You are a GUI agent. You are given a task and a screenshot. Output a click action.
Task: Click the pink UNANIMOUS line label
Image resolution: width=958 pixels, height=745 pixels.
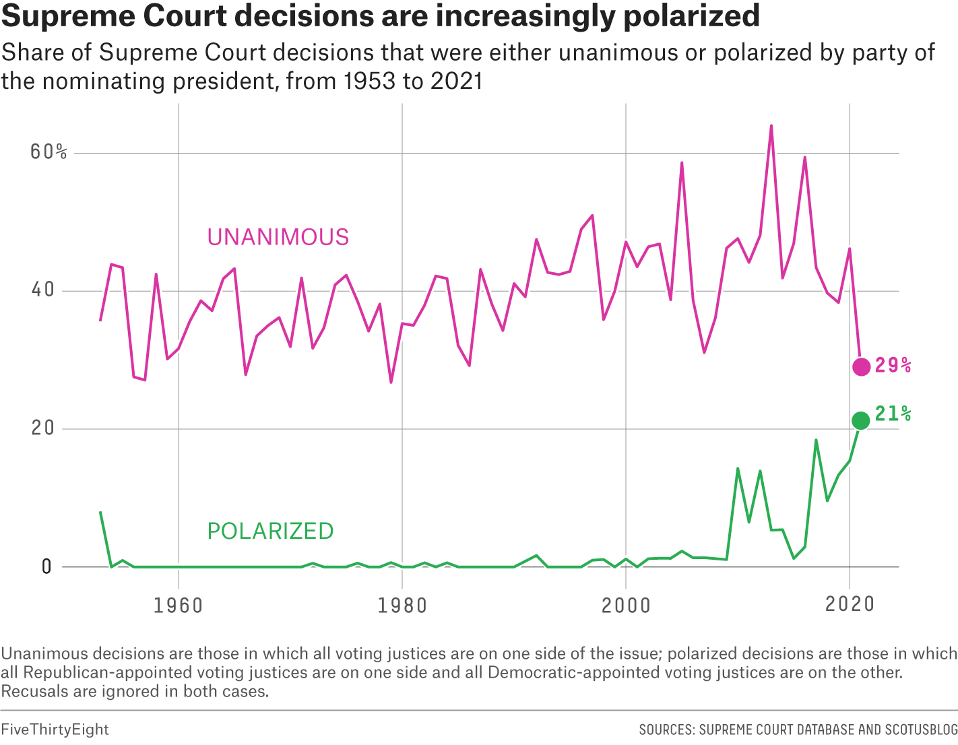click(278, 237)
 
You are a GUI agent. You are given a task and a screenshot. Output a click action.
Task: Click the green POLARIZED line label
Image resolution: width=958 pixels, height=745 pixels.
click(270, 531)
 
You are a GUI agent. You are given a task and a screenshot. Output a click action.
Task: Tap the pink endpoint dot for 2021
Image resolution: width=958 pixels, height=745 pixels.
click(861, 366)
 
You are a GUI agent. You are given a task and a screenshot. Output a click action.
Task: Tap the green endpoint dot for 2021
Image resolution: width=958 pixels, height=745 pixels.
click(860, 420)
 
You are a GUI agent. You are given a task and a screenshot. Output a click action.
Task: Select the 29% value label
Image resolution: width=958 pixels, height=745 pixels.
click(893, 366)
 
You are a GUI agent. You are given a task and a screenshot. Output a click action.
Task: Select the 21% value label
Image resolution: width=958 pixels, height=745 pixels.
click(893, 414)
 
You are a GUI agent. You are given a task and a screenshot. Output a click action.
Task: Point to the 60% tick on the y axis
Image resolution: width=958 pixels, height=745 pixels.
click(49, 152)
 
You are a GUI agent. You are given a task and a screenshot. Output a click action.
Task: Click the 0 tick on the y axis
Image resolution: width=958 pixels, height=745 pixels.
click(46, 566)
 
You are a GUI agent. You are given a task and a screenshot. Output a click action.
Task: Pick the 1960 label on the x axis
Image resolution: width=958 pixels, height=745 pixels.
click(178, 605)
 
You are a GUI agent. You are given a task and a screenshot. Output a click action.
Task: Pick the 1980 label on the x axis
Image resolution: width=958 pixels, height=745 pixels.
click(402, 605)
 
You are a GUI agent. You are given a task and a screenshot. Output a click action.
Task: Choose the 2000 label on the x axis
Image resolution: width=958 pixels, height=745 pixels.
click(626, 605)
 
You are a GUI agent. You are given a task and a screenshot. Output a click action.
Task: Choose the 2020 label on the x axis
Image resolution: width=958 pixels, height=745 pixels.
click(850, 604)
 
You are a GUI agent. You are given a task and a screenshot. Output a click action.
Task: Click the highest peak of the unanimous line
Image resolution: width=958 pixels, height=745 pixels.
click(771, 126)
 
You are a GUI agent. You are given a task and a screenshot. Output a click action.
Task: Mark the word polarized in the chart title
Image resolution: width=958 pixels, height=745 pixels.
click(691, 16)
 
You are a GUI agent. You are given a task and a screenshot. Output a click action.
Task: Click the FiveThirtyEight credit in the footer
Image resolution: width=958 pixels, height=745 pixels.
click(55, 730)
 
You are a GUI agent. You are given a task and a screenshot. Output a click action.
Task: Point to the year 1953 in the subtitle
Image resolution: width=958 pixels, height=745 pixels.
click(368, 81)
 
